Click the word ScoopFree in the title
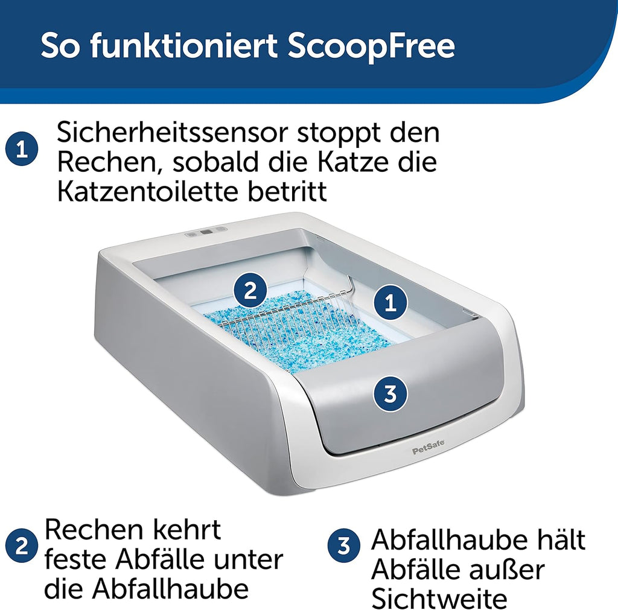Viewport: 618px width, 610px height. tap(371, 47)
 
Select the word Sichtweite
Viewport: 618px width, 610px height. tap(438, 599)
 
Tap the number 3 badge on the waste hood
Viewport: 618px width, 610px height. tap(390, 395)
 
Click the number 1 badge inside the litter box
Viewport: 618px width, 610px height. tap(390, 302)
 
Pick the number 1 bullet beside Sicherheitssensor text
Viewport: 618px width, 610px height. tap(22, 150)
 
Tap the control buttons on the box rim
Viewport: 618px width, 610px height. tap(206, 230)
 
